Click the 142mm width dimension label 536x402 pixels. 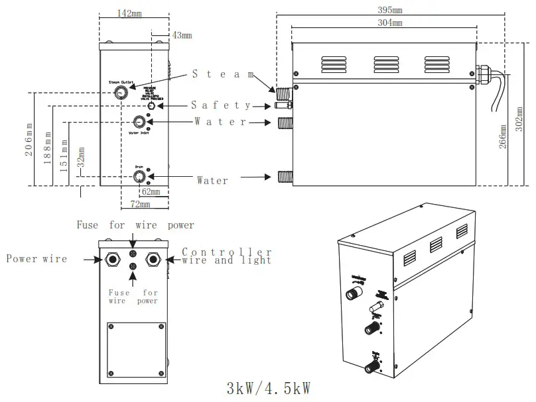tap(129, 13)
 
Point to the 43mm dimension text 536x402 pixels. tap(181, 34)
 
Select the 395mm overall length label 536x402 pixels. tap(389, 10)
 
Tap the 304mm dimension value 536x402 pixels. tap(389, 23)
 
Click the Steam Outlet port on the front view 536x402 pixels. tap(121, 92)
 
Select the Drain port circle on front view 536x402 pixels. tap(139, 176)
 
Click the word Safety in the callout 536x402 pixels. tap(221, 105)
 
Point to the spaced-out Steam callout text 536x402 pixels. tap(223, 74)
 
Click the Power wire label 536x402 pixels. tap(36, 259)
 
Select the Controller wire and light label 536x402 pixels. tap(227, 256)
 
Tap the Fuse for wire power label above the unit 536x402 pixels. tap(135, 225)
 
